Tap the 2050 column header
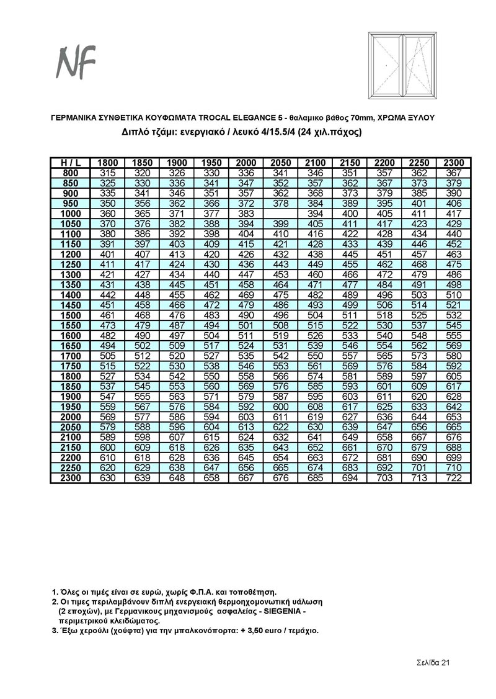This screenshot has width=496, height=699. [281, 163]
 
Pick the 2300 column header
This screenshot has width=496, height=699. [454, 163]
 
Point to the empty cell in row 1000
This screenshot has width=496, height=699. [281, 214]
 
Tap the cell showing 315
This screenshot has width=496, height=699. [108, 173]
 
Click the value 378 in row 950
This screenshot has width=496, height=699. [281, 203]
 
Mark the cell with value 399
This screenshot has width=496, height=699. [281, 223]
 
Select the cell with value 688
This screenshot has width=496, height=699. [454, 446]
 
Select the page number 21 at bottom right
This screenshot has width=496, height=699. [445, 662]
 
